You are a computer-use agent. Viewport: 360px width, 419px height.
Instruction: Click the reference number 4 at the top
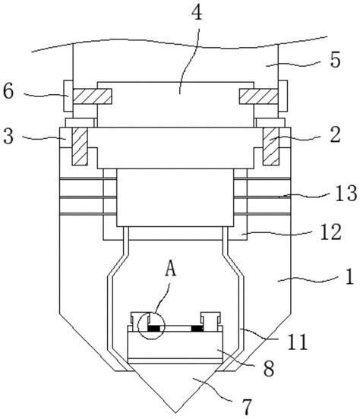pyautogui.click(x=197, y=12)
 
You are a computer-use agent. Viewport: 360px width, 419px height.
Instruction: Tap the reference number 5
pyautogui.click(x=335, y=60)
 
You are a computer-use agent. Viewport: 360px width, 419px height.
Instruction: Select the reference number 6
pyautogui.click(x=8, y=91)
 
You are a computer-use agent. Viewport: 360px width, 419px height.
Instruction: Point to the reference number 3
pyautogui.click(x=8, y=136)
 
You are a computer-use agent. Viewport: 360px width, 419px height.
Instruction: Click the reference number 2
pyautogui.click(x=335, y=134)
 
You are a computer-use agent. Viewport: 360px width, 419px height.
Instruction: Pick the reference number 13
pyautogui.click(x=346, y=194)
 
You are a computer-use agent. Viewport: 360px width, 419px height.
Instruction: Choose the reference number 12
pyautogui.click(x=331, y=232)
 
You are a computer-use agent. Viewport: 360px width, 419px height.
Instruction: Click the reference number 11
pyautogui.click(x=297, y=342)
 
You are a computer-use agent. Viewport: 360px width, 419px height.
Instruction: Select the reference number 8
pyautogui.click(x=269, y=368)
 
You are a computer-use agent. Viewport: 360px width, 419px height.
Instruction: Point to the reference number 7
pyautogui.click(x=247, y=407)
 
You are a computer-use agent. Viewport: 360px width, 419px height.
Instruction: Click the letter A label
pyautogui.click(x=171, y=269)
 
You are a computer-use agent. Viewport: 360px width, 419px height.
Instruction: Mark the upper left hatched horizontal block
pyautogui.click(x=92, y=96)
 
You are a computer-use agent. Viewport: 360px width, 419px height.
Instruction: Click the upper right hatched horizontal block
pyautogui.click(x=259, y=96)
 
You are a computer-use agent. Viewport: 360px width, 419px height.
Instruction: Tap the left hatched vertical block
pyautogui.click(x=80, y=146)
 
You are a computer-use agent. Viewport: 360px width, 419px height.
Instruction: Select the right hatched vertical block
pyautogui.click(x=271, y=146)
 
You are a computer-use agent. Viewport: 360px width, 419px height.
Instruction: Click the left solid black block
pyautogui.click(x=153, y=329)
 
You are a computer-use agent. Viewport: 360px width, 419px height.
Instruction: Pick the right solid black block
pyautogui.click(x=197, y=329)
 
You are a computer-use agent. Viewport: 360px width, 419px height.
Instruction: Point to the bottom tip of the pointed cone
pyautogui.click(x=175, y=412)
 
